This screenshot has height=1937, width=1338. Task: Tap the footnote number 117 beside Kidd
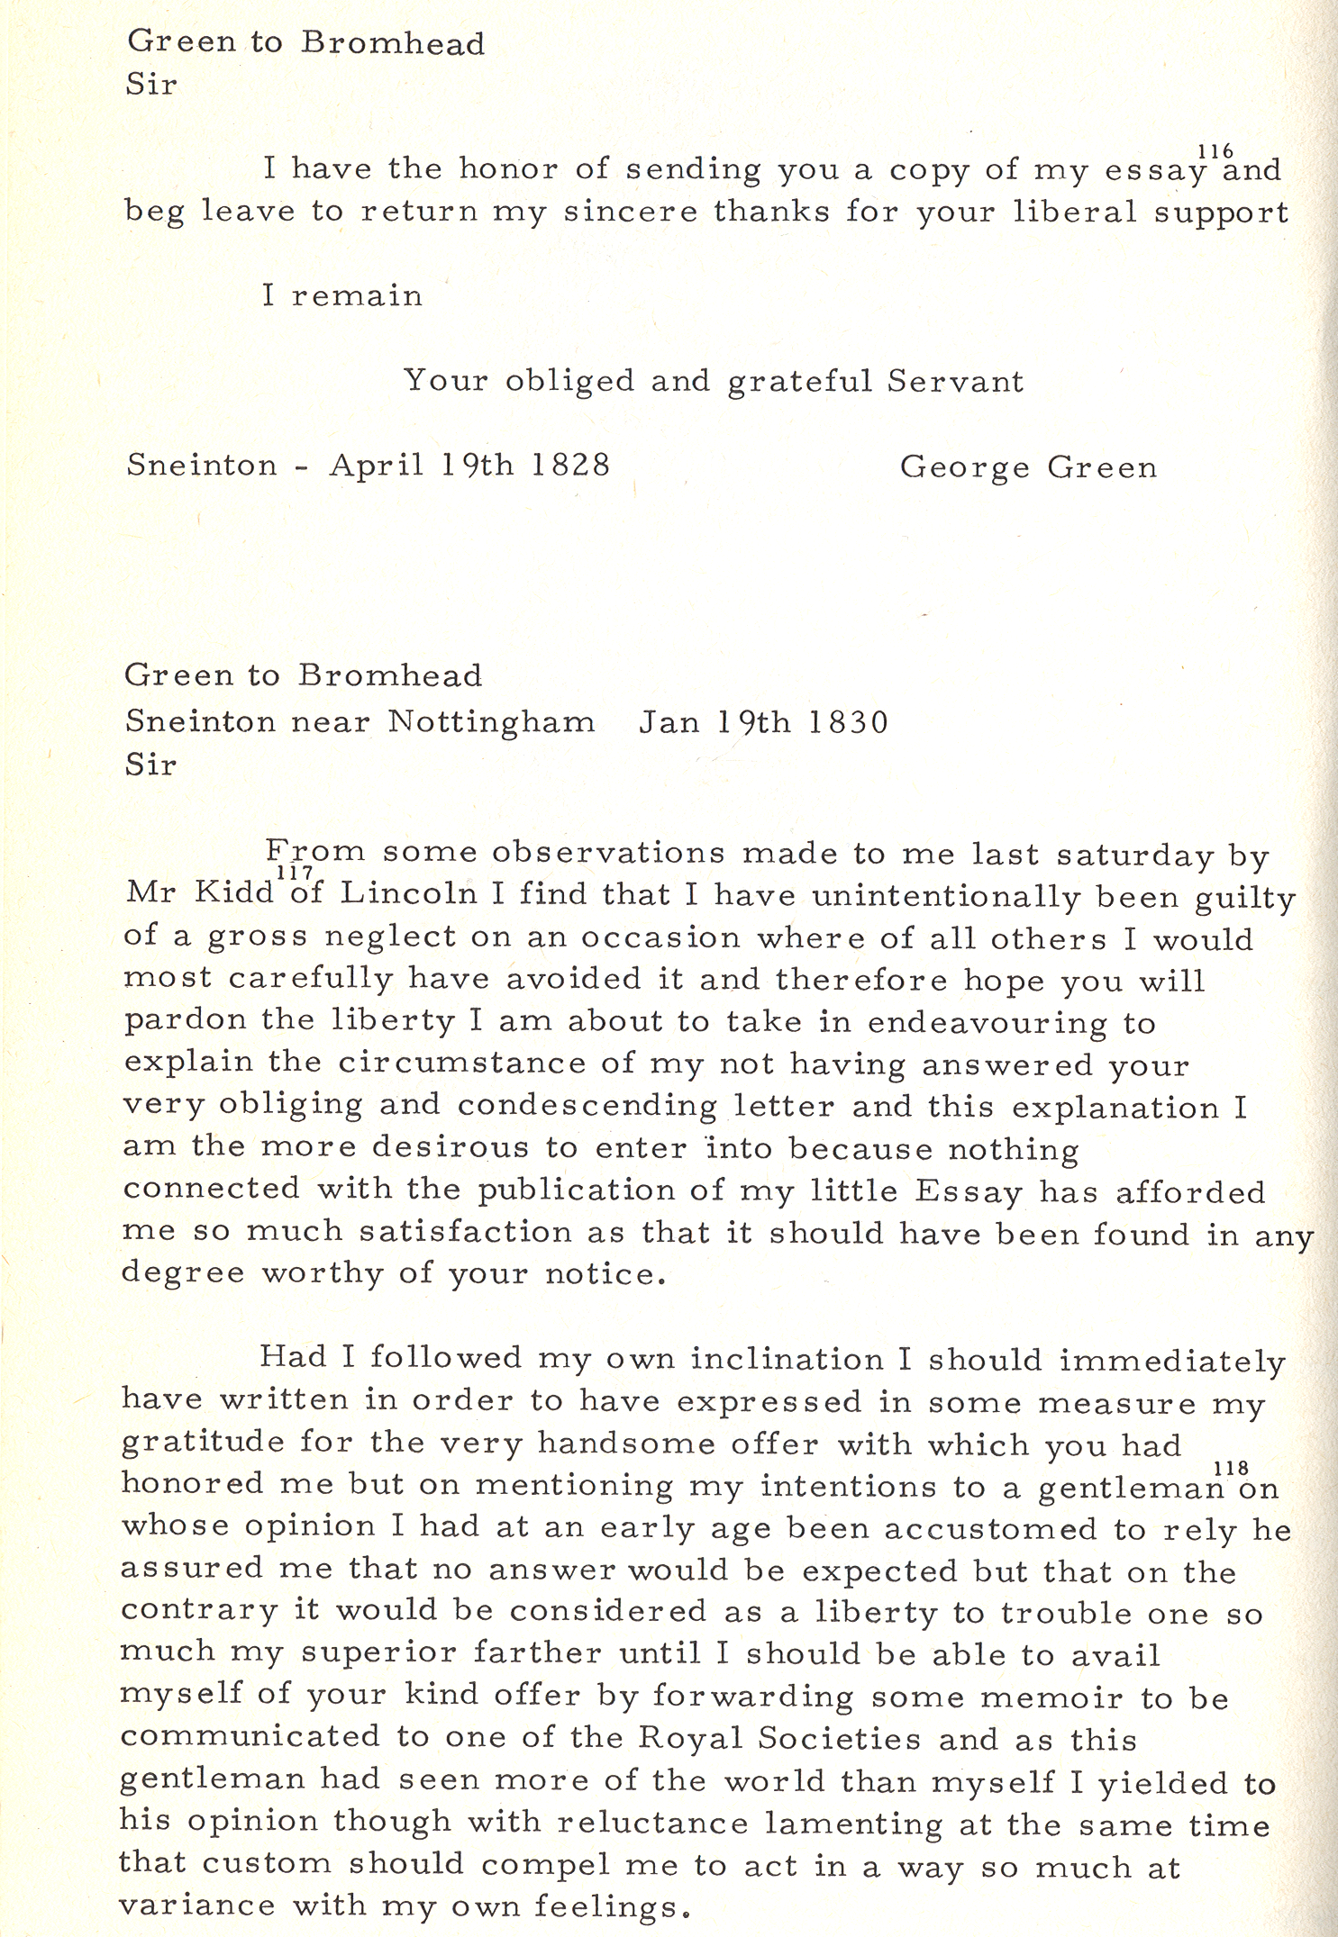pyautogui.click(x=295, y=872)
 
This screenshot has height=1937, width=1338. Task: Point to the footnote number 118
pyautogui.click(x=1231, y=1469)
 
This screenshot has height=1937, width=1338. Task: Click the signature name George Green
pyautogui.click(x=1028, y=467)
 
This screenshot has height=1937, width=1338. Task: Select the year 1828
pyautogui.click(x=570, y=465)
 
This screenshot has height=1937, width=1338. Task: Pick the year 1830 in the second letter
pyautogui.click(x=848, y=722)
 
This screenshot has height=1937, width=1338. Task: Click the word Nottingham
pyautogui.click(x=491, y=722)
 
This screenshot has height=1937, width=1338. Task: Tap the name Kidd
pyautogui.click(x=234, y=892)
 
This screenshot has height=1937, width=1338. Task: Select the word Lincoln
pyautogui.click(x=408, y=892)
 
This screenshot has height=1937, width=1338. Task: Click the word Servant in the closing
pyautogui.click(x=955, y=381)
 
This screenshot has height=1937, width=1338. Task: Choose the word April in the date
pyautogui.click(x=377, y=465)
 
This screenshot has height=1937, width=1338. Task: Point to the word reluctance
pyautogui.click(x=653, y=1822)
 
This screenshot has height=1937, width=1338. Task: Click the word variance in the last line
pyautogui.click(x=197, y=1905)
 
